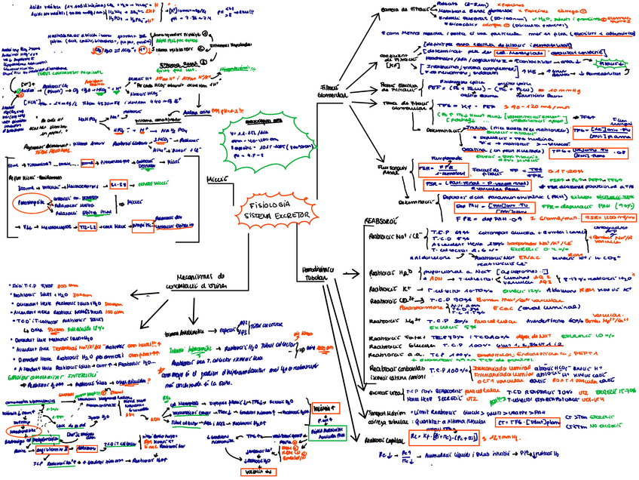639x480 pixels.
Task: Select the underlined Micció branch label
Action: pyautogui.click(x=216, y=179)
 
